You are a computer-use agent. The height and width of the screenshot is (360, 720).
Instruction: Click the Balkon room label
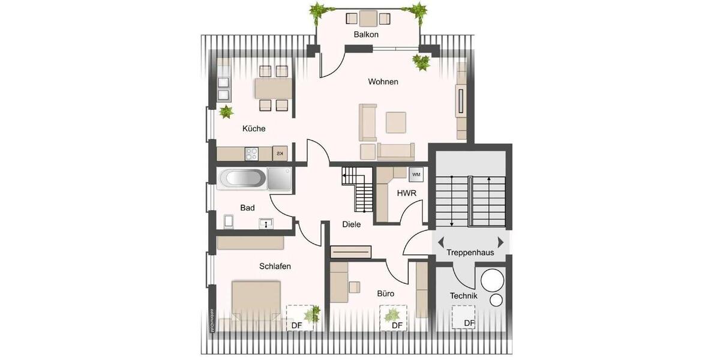click(x=366, y=35)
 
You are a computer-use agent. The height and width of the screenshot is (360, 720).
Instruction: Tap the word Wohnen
click(x=383, y=82)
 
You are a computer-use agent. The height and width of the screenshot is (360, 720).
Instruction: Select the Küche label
click(x=254, y=128)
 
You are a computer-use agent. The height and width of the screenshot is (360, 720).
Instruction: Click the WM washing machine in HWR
click(x=416, y=175)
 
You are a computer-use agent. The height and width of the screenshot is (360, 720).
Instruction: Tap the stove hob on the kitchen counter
click(x=251, y=154)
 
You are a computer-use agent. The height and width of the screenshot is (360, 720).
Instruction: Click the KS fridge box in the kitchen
click(x=280, y=154)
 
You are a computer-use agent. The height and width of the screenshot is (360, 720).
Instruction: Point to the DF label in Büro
click(x=397, y=325)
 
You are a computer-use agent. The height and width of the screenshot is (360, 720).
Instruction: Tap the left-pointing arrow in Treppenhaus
click(x=441, y=242)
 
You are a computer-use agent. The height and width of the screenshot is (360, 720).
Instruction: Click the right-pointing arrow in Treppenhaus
click(x=501, y=242)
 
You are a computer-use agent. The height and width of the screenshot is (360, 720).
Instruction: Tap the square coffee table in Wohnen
click(x=396, y=122)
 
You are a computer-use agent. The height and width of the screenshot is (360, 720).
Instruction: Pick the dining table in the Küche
click(x=273, y=89)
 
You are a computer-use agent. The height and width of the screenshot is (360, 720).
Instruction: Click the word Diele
click(x=351, y=224)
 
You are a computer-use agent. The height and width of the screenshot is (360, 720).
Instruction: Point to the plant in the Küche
click(x=226, y=112)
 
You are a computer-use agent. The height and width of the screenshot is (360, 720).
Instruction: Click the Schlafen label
click(x=275, y=266)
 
